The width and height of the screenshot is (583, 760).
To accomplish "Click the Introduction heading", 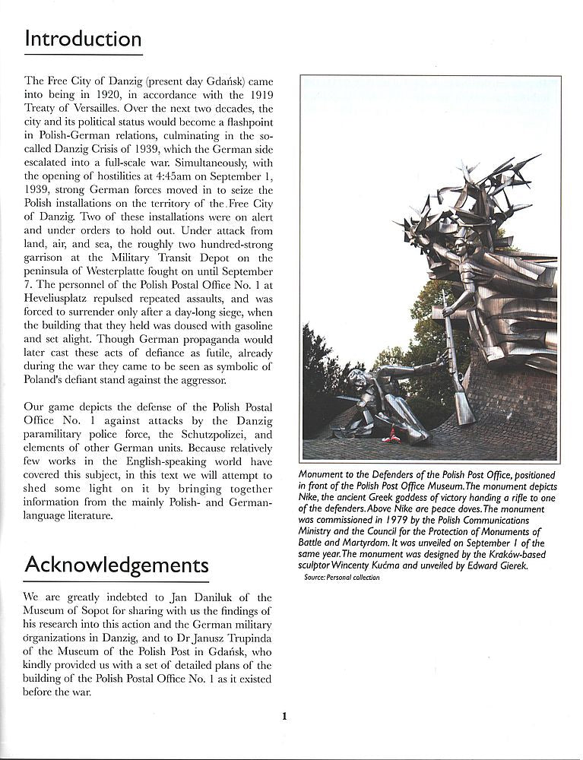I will pos(83,39).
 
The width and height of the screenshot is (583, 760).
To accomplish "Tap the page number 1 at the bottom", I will pos(284,715).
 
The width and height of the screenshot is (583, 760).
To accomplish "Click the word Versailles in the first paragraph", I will pos(97,109).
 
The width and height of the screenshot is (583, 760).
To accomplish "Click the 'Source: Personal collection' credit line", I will pos(342,578).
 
